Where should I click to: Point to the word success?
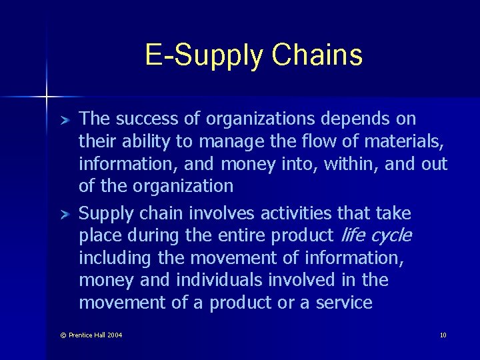pos(158,119)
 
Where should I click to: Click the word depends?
pos(358,119)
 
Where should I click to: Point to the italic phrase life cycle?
pos(375,235)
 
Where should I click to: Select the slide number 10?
pos(443,335)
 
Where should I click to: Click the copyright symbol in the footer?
pos(63,335)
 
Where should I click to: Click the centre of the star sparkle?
pos(47,97)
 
